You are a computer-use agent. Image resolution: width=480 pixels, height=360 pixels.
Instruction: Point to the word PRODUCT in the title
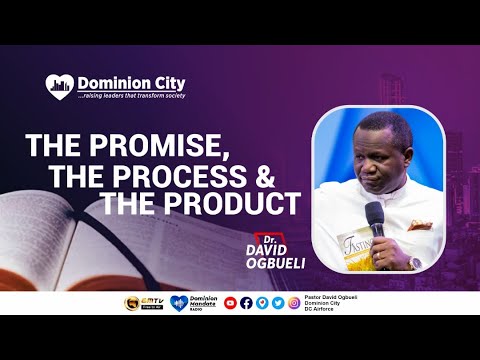point(239,203)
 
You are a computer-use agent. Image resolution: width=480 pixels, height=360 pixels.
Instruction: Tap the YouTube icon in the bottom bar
point(230,303)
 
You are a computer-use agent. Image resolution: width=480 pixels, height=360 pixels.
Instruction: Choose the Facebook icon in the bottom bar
point(246,303)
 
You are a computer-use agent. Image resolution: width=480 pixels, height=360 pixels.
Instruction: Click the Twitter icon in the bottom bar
point(277,303)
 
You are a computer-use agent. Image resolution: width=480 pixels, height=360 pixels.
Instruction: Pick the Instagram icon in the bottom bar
point(294,303)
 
